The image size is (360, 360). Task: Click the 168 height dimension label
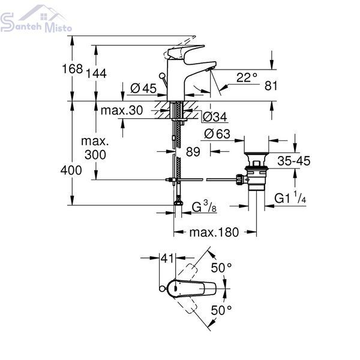click(73, 68)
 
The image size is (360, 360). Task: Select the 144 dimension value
click(96, 73)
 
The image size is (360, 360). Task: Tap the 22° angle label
click(247, 77)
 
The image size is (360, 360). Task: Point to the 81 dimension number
click(271, 86)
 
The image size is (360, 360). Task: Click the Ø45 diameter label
click(143, 88)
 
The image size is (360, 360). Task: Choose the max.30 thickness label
click(122, 110)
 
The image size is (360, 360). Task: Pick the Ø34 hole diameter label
click(215, 117)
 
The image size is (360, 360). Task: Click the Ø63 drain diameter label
click(217, 134)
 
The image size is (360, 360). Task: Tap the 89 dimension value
click(193, 152)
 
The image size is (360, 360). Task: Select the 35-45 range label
click(293, 161)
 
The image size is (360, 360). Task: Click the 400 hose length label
click(71, 170)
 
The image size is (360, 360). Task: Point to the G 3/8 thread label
click(204, 206)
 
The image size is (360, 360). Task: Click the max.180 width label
click(214, 232)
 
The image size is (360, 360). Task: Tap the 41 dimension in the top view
click(167, 258)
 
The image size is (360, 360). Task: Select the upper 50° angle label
click(221, 268)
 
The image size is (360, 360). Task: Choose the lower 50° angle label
click(221, 310)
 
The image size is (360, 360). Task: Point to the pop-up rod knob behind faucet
click(162, 76)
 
